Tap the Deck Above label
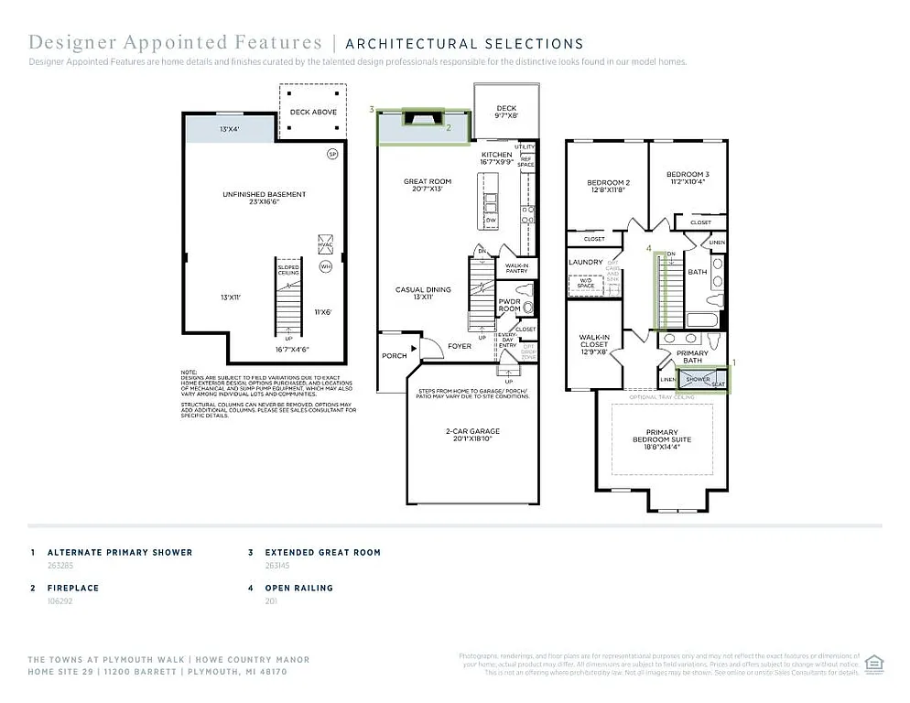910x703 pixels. point(313,112)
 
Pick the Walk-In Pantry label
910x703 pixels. point(515,268)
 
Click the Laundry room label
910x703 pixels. point(586,262)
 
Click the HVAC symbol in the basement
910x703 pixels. point(325,244)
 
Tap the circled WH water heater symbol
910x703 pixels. point(325,267)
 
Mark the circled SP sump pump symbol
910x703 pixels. point(333,154)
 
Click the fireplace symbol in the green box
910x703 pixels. point(422,117)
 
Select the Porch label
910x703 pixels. point(395,355)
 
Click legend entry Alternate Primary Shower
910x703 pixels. point(120,553)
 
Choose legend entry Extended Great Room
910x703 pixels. point(322,553)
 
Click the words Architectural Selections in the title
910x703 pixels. point(464,43)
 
